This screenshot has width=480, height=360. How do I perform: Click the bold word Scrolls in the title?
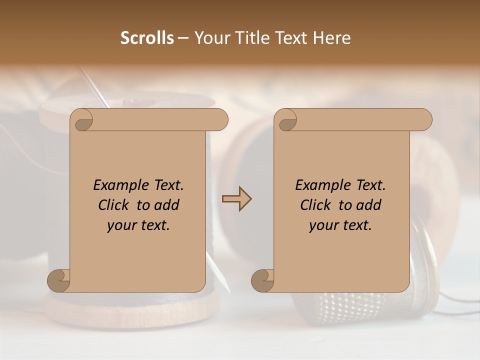147,38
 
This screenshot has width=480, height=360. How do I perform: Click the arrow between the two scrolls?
236,199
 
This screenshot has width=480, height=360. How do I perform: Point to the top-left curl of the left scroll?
83,121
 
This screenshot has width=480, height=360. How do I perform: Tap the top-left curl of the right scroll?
287,121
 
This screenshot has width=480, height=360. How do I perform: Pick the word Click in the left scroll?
109,205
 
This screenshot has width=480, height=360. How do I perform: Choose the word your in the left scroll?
120,225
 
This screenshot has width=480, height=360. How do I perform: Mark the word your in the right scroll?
322,225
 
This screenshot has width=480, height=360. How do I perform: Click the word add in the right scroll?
369,205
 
